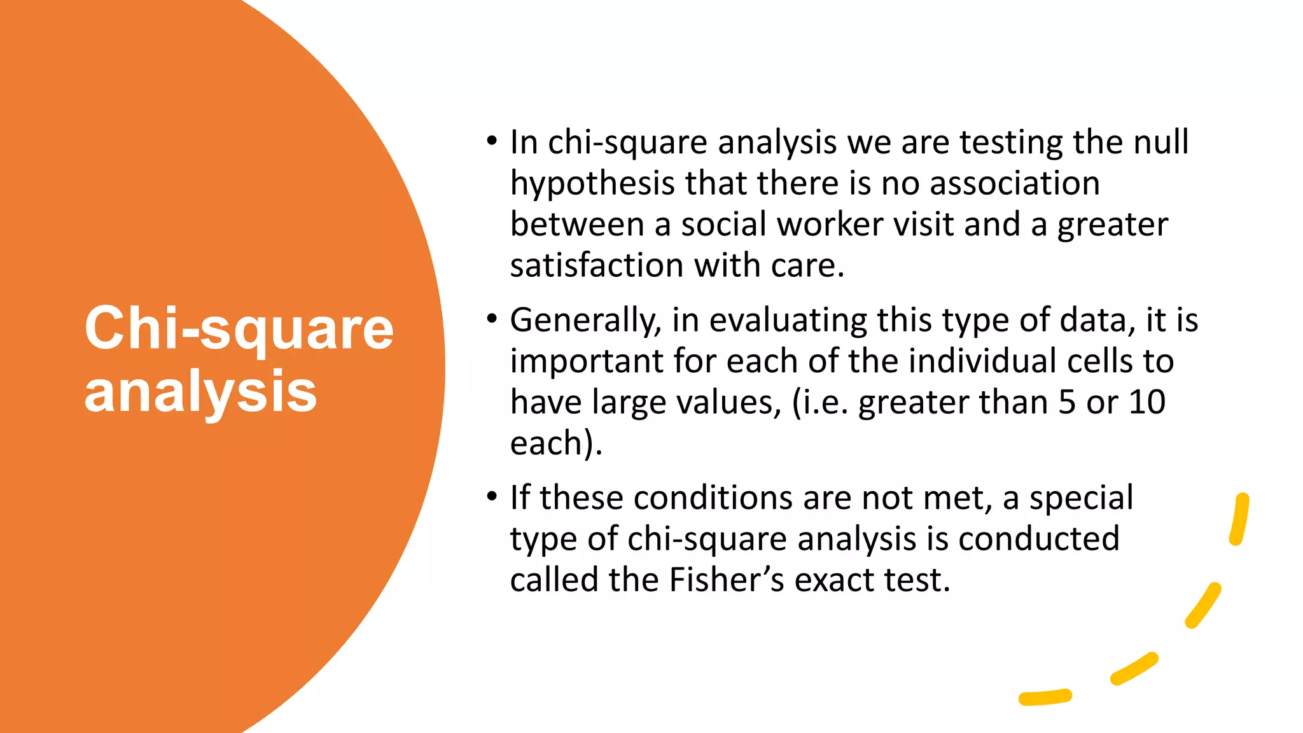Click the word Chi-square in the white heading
[239, 330]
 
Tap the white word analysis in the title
[200, 392]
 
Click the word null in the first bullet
[1162, 142]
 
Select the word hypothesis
[593, 185]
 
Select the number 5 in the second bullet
[1067, 402]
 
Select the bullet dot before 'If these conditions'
[491, 496]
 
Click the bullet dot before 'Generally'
[491, 318]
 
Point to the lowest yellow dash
[1045, 697]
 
